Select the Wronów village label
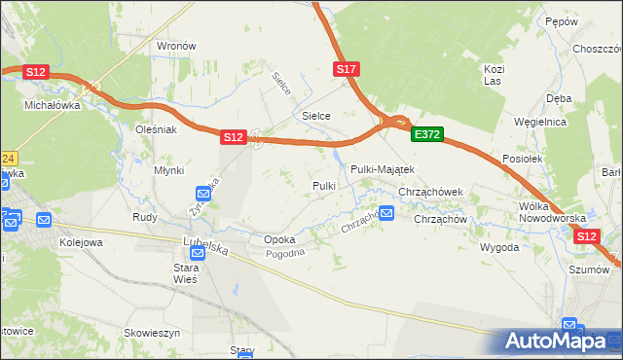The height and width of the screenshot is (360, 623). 177,46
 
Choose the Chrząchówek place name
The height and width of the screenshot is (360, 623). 436,193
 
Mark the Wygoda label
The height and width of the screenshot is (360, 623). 498,247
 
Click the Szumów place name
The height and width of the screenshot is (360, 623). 589,269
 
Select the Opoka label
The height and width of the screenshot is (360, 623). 279,238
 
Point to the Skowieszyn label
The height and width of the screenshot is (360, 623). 153,333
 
